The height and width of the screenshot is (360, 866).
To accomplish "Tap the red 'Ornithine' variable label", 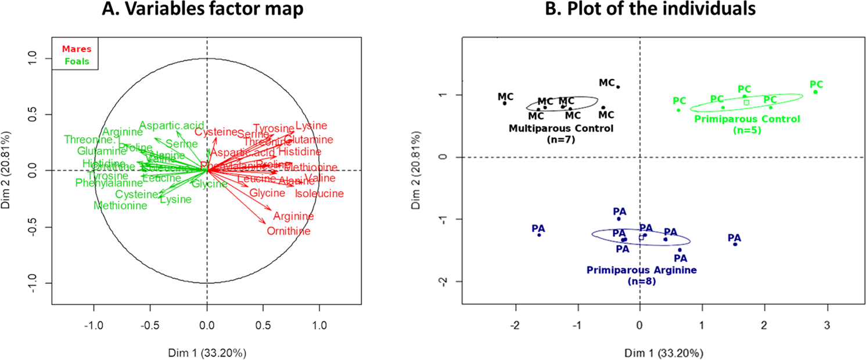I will (289, 231).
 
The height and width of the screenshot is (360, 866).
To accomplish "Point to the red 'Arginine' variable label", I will (293, 216).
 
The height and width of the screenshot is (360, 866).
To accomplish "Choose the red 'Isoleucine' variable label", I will (319, 193).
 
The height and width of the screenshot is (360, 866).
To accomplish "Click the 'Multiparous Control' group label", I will (561, 128).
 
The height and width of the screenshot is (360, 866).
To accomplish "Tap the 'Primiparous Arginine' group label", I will (641, 270).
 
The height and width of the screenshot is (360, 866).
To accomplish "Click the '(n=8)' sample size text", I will (641, 281).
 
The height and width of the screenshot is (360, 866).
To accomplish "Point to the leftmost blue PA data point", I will (539, 235).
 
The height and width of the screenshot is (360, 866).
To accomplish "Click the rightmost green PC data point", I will (815, 92).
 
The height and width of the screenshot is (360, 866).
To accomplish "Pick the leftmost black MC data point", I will (504, 103).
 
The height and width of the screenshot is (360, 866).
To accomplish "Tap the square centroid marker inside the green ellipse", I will (746, 102).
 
